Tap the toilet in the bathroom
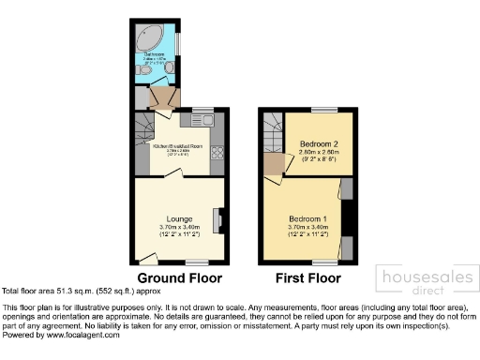tap(141, 95)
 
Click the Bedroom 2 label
tap(314, 143)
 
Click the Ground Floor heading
tap(180, 278)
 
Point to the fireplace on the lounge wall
tap(218, 220)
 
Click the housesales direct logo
tap(423, 281)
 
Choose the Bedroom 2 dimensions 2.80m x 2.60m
tap(314, 153)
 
